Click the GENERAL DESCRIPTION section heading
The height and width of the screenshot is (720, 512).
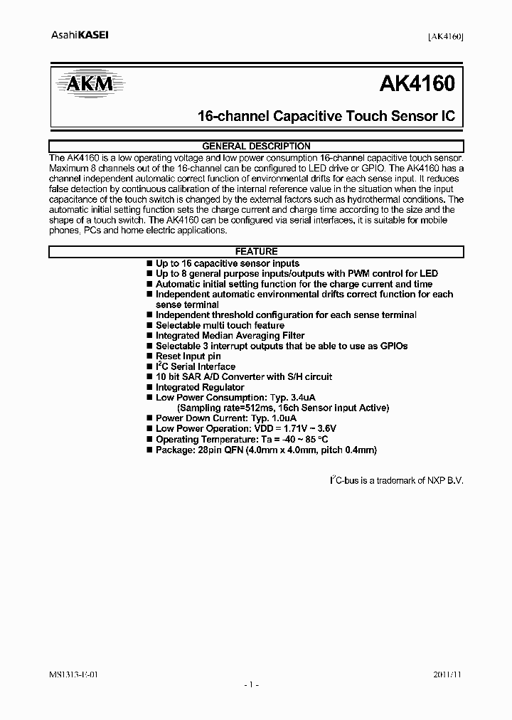click(x=256, y=147)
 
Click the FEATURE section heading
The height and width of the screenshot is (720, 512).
click(x=256, y=251)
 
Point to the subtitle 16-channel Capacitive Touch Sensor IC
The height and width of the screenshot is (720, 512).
click(x=325, y=117)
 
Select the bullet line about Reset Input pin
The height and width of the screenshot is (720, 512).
click(x=188, y=356)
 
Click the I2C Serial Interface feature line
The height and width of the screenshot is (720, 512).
click(x=195, y=366)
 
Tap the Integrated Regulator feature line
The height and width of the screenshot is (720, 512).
click(x=199, y=388)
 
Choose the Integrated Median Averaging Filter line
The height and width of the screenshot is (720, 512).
click(x=230, y=336)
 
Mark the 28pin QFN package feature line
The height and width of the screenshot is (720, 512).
click(x=265, y=450)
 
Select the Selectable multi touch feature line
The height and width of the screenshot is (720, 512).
click(x=220, y=325)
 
